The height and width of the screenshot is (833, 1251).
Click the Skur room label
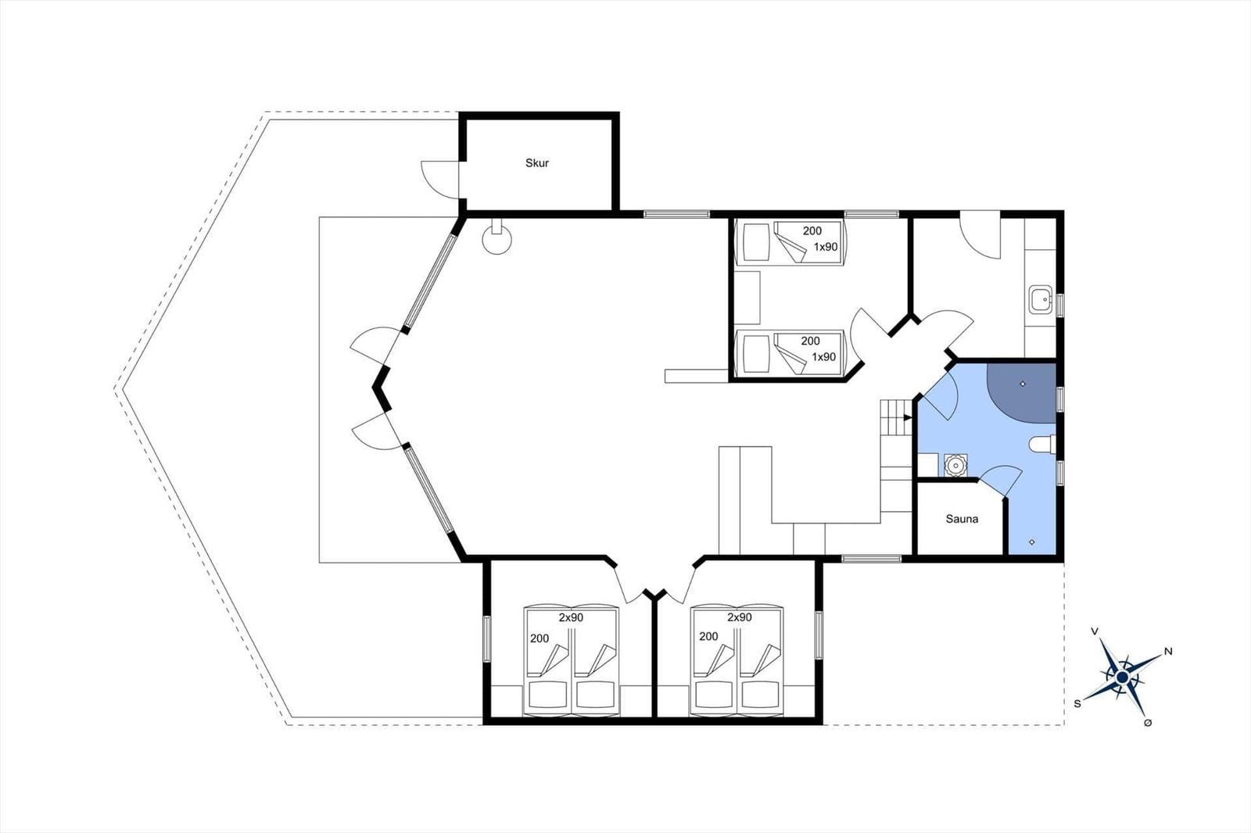pos(536,163)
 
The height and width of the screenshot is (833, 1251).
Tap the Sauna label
pos(962,519)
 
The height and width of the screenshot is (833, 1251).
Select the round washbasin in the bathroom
pos(955,465)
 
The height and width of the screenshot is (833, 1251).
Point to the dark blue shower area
pos(1021,392)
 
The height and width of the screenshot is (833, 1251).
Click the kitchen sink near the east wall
pos(1041,300)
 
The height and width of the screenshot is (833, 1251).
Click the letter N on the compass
pos(1168,651)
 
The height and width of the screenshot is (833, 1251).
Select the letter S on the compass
pos(1077,704)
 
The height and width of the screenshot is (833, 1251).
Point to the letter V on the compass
pos(1095,631)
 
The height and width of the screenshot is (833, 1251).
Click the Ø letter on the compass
pos(1148,723)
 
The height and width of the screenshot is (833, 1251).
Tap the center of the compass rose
pos(1123,677)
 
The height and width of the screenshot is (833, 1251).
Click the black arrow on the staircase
pos(908,417)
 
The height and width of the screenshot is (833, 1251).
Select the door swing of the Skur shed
pos(440,179)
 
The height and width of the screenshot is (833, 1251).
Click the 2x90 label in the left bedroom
pos(571,617)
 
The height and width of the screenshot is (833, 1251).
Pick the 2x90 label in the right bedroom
pos(740,617)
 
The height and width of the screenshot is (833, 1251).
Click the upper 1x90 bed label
pos(826,247)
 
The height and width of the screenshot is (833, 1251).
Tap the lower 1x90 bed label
pos(824,357)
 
